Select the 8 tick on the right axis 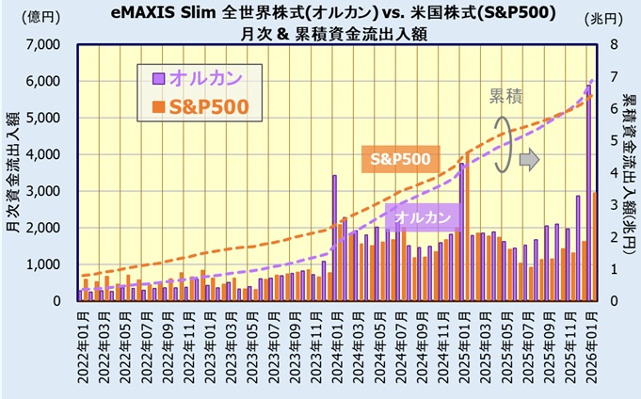point(614,45)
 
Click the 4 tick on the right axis point(614,173)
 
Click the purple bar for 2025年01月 point(461,231)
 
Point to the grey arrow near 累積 point(530,159)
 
